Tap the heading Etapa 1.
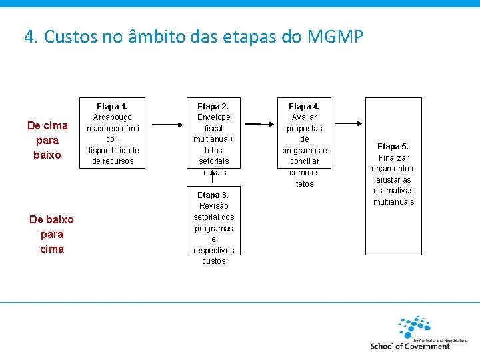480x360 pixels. [112, 107]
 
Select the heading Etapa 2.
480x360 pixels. [213, 107]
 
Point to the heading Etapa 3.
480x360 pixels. [213, 195]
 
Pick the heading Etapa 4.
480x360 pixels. [304, 107]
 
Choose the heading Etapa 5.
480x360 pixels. [393, 147]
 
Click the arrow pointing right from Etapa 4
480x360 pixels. [347, 124]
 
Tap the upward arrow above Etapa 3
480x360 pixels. [213, 176]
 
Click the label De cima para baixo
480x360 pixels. [47, 140]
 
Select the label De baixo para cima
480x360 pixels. [52, 234]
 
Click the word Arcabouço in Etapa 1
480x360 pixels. [112, 117]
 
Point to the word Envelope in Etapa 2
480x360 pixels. [213, 117]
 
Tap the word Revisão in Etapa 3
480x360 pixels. [213, 206]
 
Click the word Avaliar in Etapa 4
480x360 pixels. [304, 117]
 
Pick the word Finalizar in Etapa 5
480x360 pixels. [393, 158]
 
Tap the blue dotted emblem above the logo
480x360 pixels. [413, 326]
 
